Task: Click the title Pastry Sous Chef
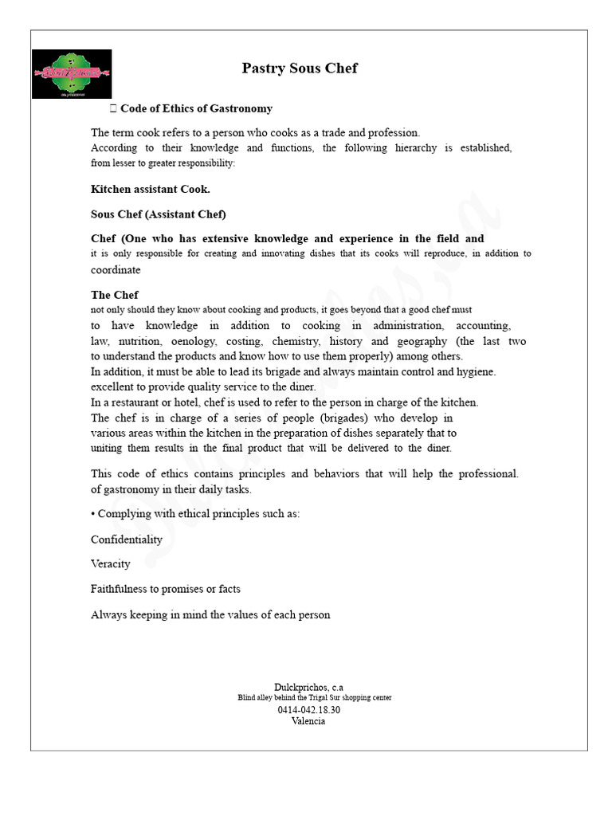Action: (300, 69)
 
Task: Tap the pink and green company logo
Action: (72, 73)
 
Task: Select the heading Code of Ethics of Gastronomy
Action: (196, 108)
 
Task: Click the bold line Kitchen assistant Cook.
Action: (151, 190)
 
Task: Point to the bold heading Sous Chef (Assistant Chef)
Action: (159, 214)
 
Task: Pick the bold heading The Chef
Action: (115, 295)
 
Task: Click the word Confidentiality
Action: (127, 539)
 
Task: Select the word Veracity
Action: (111, 564)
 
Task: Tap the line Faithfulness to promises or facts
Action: (166, 590)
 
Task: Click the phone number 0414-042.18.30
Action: (309, 709)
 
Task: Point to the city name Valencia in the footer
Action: (308, 721)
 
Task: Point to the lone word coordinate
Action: (116, 270)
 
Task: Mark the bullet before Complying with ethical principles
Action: (93, 514)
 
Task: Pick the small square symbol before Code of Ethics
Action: (112, 108)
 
